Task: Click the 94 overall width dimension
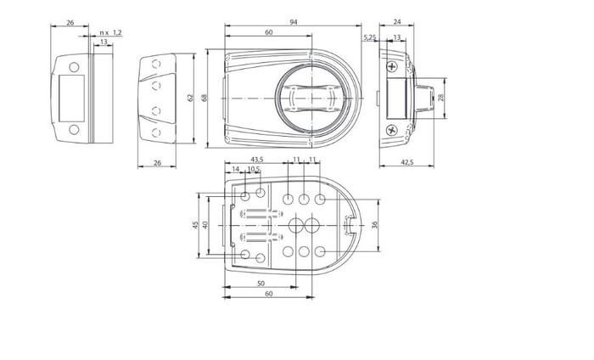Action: coord(294,22)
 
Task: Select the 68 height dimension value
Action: coord(205,98)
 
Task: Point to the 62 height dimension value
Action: coord(190,98)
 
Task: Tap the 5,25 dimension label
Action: coord(370,37)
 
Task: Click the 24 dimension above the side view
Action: coord(396,22)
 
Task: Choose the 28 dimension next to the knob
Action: coord(440,98)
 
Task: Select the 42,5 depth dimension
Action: coord(406,162)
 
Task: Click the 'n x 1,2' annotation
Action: coord(110,33)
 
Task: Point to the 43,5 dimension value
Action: coord(257,159)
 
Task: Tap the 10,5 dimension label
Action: coord(254,169)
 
